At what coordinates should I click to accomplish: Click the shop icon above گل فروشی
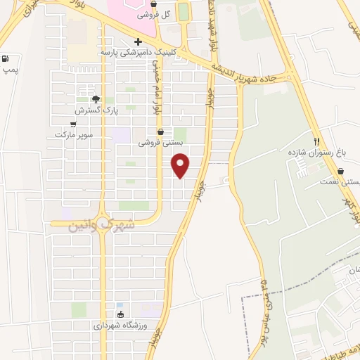point(153,4)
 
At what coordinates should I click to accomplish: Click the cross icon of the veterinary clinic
point(138,41)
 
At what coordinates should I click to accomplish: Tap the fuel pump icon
point(6,60)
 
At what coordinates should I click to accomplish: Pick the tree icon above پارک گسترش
point(96,99)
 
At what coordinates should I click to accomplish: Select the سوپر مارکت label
point(73,134)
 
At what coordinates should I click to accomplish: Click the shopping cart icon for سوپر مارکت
point(73,123)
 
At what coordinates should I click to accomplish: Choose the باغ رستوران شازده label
point(317,152)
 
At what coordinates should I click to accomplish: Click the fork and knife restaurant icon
point(317,141)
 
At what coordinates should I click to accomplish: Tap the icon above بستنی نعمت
point(340,171)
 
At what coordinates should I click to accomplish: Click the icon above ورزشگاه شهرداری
point(120,314)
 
